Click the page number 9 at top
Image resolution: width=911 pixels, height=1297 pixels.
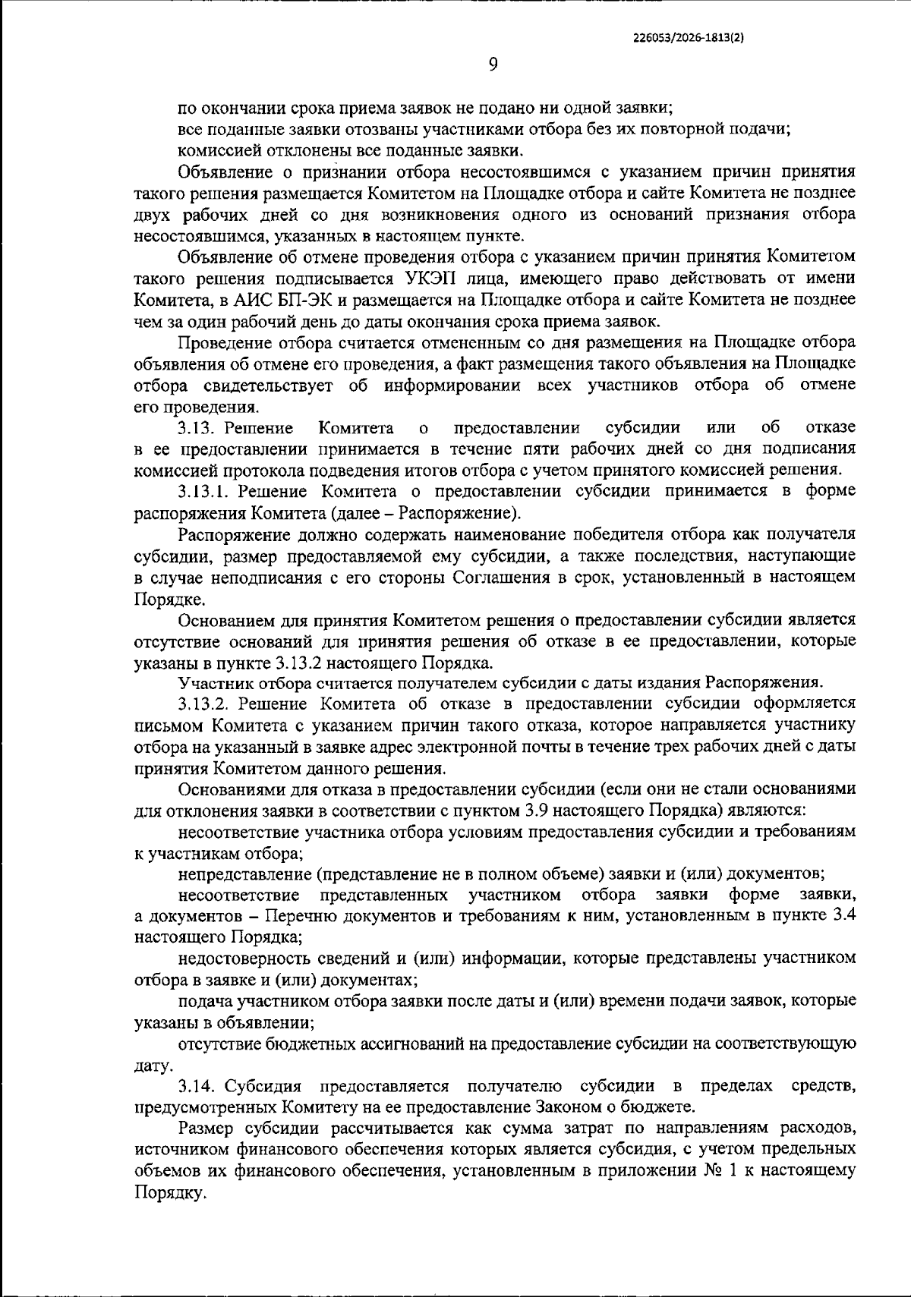tap(492, 66)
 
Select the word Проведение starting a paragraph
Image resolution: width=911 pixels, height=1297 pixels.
tap(221, 342)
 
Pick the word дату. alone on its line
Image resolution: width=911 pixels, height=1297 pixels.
tap(153, 1066)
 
